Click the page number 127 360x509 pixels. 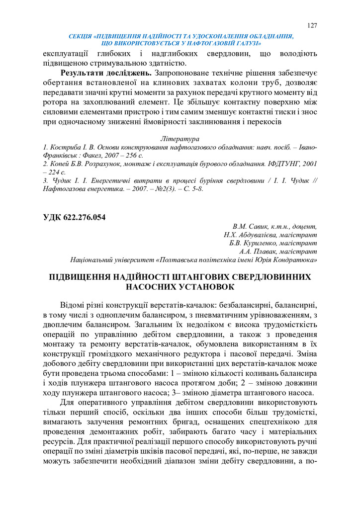(x=312, y=26)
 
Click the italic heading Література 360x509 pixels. (x=180, y=139)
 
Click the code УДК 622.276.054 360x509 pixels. (x=74, y=217)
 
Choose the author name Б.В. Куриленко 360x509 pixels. (x=252, y=243)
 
